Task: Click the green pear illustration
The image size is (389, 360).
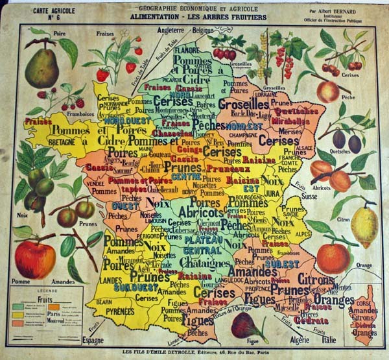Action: [45, 67]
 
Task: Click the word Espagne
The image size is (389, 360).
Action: [92, 339]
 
